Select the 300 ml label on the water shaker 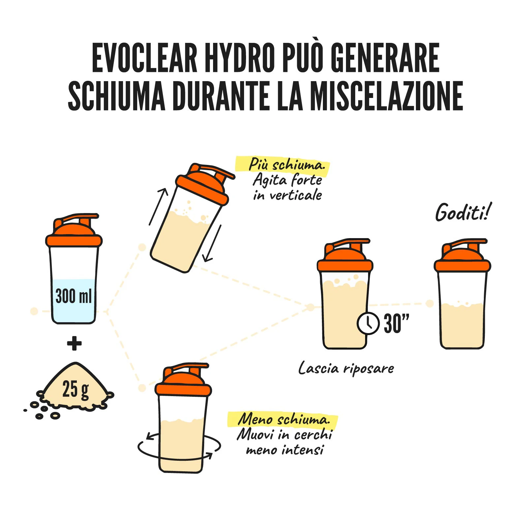point(74,296)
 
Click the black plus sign point(74,343)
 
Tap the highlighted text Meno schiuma point(283,419)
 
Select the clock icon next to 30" point(368,323)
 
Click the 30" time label point(396,323)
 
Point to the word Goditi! point(463,212)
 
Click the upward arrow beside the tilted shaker point(158,207)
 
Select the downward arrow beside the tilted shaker point(212,243)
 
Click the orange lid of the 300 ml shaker point(74,231)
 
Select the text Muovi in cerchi point(285,434)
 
